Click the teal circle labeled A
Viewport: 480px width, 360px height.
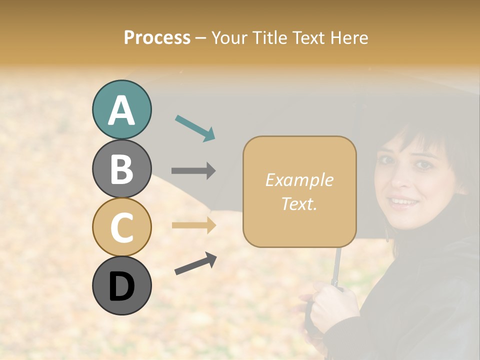pyautogui.click(x=121, y=110)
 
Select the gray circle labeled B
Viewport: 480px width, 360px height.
pyautogui.click(x=121, y=168)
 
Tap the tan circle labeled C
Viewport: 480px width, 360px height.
pyautogui.click(x=121, y=227)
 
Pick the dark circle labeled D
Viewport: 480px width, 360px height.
pyautogui.click(x=121, y=285)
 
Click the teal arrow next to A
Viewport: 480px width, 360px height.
pyautogui.click(x=195, y=127)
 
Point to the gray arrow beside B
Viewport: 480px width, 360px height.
pyautogui.click(x=193, y=170)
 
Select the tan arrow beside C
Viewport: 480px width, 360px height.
pyautogui.click(x=193, y=225)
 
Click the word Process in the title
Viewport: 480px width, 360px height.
pyautogui.click(x=157, y=37)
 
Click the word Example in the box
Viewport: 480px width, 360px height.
pyautogui.click(x=299, y=180)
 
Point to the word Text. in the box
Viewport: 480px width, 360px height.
pyautogui.click(x=299, y=203)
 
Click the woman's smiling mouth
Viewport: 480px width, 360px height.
pyautogui.click(x=403, y=202)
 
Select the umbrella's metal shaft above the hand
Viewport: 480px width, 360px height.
pyautogui.click(x=338, y=265)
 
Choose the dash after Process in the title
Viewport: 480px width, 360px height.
pyautogui.click(x=200, y=38)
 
